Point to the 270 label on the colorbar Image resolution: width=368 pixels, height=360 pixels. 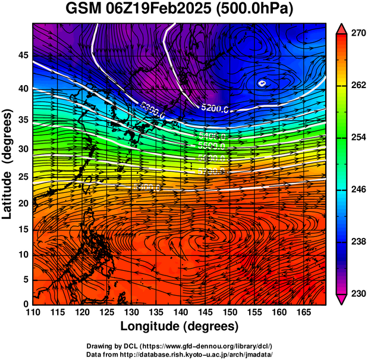click(358, 34)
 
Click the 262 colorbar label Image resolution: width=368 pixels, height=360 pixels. click(358, 86)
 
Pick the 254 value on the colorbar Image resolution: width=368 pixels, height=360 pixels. click(358, 137)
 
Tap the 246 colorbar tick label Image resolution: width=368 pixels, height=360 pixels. click(358, 189)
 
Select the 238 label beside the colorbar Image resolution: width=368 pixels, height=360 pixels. click(358, 242)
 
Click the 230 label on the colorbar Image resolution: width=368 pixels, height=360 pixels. click(358, 293)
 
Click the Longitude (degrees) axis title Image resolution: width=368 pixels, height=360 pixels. click(180, 326)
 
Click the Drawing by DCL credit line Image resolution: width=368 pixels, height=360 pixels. click(180, 346)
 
